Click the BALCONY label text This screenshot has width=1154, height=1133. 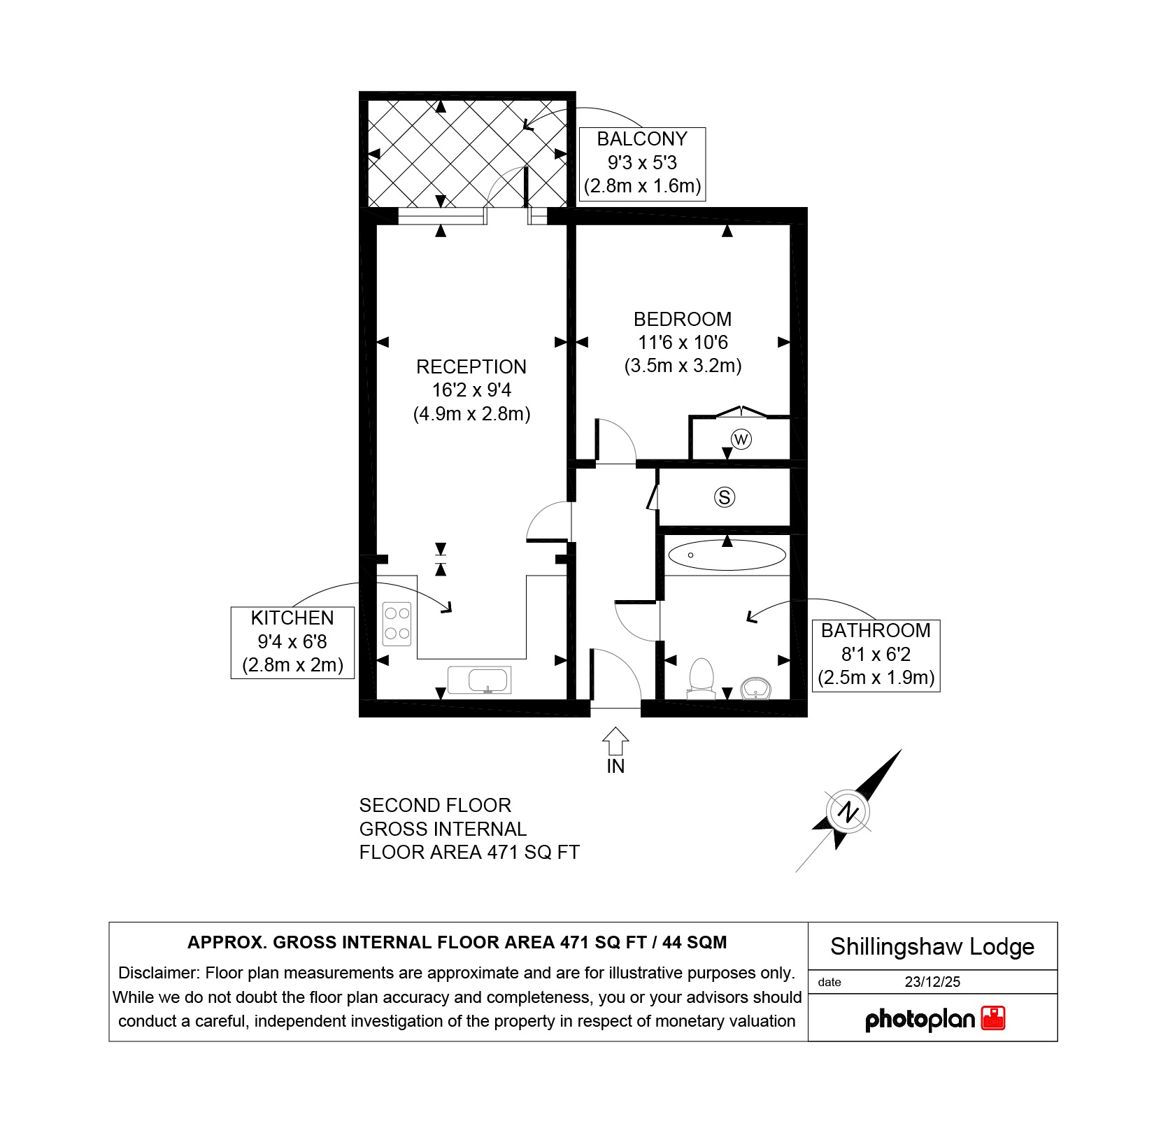pyautogui.click(x=642, y=139)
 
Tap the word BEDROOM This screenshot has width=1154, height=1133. pyautogui.click(x=683, y=320)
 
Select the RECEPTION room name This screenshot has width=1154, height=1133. pyautogui.click(x=471, y=367)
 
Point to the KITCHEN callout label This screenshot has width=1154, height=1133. pyautogui.click(x=292, y=618)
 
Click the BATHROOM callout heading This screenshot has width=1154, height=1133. pyautogui.click(x=876, y=631)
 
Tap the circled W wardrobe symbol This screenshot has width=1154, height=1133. pyautogui.click(x=741, y=439)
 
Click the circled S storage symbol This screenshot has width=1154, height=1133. pyautogui.click(x=725, y=497)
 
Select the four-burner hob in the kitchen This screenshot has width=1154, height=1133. pyautogui.click(x=397, y=623)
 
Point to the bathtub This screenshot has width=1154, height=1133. pyautogui.click(x=727, y=555)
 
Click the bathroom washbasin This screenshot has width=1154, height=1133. pyautogui.click(x=755, y=688)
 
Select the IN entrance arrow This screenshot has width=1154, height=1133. pyautogui.click(x=615, y=741)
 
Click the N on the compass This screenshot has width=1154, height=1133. pyautogui.click(x=848, y=812)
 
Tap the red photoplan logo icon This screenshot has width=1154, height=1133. pyautogui.click(x=993, y=1018)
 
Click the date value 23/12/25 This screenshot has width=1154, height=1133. pyautogui.click(x=932, y=982)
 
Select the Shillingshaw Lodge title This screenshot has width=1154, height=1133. pyautogui.click(x=932, y=947)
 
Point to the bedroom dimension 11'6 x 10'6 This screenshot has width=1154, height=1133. pyautogui.click(x=683, y=343)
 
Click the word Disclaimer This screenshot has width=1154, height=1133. pyautogui.click(x=159, y=974)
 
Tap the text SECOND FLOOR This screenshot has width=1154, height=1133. pyautogui.click(x=435, y=806)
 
